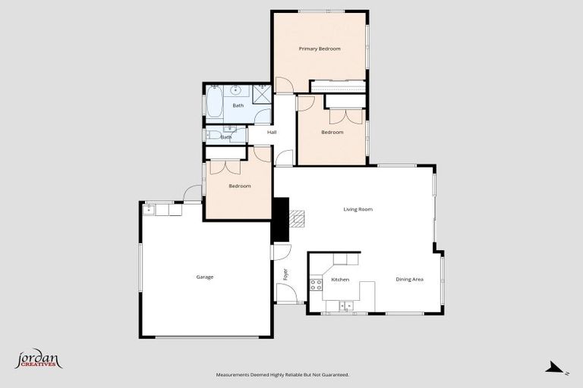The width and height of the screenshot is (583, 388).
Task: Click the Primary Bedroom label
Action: (320, 48)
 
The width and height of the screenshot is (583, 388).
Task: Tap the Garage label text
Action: (205, 277)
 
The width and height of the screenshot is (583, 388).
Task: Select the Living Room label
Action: (358, 209)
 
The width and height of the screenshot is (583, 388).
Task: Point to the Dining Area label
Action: (409, 280)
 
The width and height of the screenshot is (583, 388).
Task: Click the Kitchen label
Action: (340, 280)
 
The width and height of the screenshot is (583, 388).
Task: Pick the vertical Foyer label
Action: (286, 274)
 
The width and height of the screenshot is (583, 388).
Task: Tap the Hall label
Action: (272, 133)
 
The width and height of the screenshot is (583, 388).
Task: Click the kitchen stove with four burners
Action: (316, 285)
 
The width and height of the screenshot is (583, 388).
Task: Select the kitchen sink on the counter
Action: (345, 306)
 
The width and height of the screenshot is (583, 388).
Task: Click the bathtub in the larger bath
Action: (213, 104)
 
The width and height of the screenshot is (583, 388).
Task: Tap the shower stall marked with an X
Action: (261, 94)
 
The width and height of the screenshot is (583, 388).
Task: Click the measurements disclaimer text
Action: (282, 374)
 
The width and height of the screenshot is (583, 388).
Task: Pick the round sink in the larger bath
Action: (237, 89)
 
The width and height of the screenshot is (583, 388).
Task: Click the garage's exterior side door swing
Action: (193, 192)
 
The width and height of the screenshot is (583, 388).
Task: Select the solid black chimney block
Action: (281, 217)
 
